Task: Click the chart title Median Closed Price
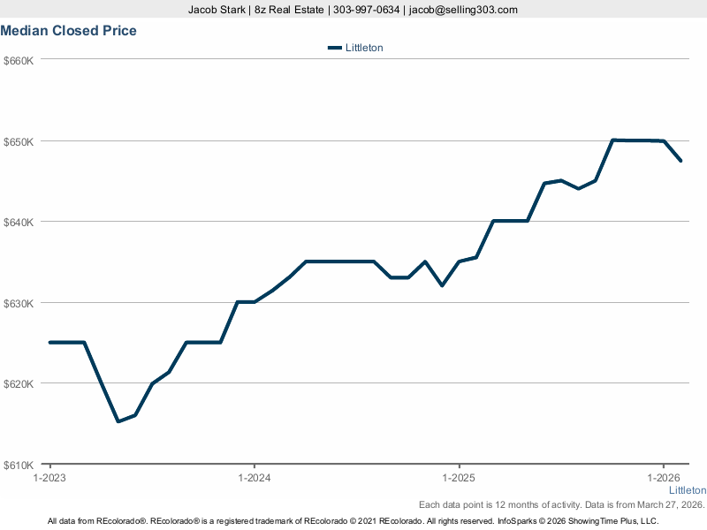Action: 69,31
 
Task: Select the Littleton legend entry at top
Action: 355,48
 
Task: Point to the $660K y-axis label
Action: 19,60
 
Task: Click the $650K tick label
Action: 19,141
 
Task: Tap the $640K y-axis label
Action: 19,222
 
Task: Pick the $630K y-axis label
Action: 19,303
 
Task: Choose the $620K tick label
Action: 19,383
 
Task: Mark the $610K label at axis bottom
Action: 19,465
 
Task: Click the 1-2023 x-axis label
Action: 49,478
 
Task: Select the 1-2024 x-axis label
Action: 255,478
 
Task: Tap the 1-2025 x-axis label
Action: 459,478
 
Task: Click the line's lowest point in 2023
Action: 118,421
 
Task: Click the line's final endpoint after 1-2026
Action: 680,161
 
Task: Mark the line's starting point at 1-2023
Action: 50,342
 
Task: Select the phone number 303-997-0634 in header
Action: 366,10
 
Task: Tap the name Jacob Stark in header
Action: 217,10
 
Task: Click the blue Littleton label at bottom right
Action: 687,490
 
